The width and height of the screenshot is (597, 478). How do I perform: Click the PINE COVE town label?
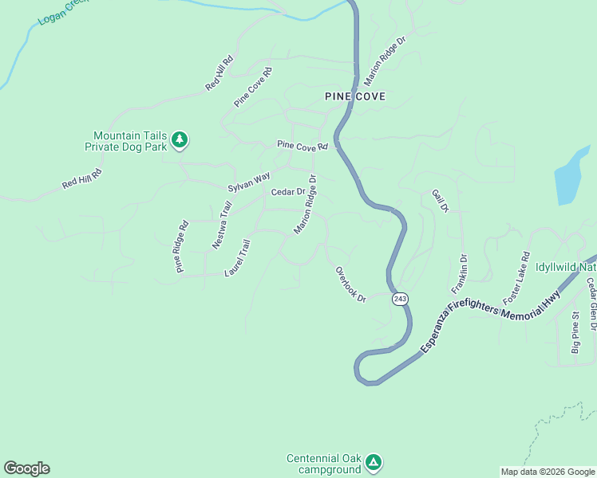coord(355,96)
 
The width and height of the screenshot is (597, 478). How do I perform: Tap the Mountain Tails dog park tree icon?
coord(180,140)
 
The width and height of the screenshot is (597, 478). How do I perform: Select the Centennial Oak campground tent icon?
coord(374,462)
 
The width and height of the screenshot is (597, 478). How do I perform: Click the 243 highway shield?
coord(400,299)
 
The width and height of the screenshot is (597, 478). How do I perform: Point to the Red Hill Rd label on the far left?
coord(82,179)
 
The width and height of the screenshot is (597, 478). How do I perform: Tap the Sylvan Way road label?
coord(249,182)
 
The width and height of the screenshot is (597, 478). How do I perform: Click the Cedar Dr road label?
coord(288,192)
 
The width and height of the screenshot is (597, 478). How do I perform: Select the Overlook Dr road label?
coord(350,284)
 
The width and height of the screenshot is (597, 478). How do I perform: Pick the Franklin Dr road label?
coord(459,273)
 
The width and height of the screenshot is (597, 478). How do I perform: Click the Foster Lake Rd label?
coord(516,279)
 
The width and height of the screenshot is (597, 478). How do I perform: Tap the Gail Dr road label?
coord(441,201)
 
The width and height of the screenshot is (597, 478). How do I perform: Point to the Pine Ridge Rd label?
coord(182,247)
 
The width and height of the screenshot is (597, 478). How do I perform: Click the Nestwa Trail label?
coord(222,226)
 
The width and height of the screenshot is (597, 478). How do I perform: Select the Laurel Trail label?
coord(238,258)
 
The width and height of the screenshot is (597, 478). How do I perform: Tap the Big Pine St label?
coord(575,333)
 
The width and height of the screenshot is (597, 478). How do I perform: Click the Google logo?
coord(26,468)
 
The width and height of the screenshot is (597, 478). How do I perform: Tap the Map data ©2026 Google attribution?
coord(547,472)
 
